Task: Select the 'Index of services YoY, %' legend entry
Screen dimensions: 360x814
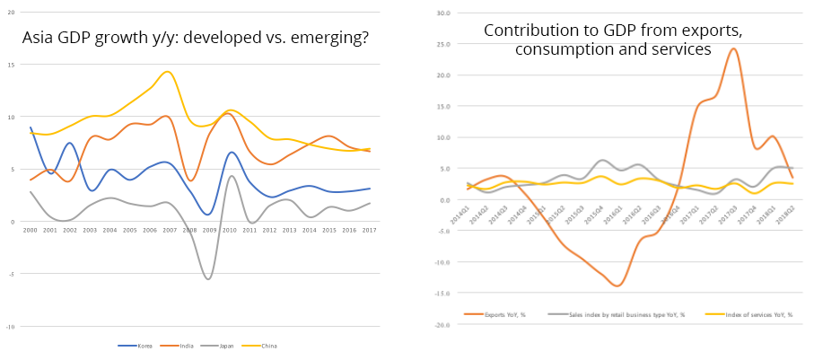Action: [x=752, y=315]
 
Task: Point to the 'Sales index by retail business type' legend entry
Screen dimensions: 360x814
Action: [x=629, y=315]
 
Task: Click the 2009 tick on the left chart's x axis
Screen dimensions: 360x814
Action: [x=209, y=231]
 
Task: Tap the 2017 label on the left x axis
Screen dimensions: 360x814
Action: [x=369, y=231]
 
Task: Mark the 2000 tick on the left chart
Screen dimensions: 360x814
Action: [x=31, y=231]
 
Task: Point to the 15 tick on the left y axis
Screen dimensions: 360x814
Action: [x=10, y=65]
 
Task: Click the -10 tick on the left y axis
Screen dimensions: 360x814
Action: [x=9, y=327]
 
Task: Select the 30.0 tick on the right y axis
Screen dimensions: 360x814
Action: [x=442, y=13]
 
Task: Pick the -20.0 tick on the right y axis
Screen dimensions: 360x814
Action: [x=442, y=325]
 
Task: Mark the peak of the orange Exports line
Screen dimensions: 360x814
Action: [x=733, y=48]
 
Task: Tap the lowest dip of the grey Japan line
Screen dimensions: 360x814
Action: [x=209, y=278]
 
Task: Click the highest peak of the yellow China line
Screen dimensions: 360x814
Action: [x=168, y=72]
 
